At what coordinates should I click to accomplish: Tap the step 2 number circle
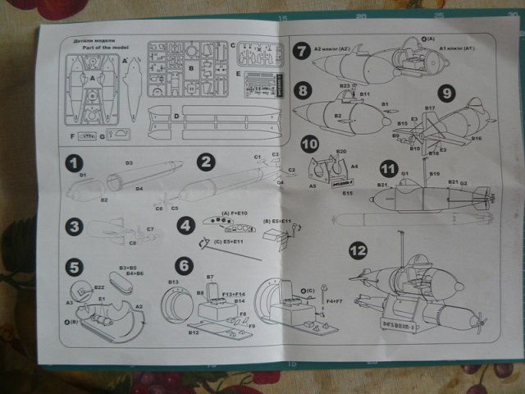[206, 161]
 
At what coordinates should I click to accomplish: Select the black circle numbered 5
[75, 268]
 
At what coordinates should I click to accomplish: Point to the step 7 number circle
[302, 50]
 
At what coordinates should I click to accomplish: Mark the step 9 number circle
[445, 92]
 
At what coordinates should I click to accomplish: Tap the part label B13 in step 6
[174, 282]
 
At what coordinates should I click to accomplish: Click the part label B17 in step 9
[428, 108]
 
